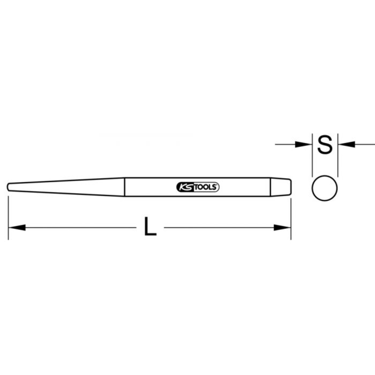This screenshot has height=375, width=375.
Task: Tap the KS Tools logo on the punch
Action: [198, 187]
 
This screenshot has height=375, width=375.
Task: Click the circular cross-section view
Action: [325, 187]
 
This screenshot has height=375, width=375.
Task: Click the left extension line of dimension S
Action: [312, 157]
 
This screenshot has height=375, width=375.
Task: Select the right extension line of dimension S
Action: [338, 157]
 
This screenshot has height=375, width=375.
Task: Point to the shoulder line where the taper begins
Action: [124, 186]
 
